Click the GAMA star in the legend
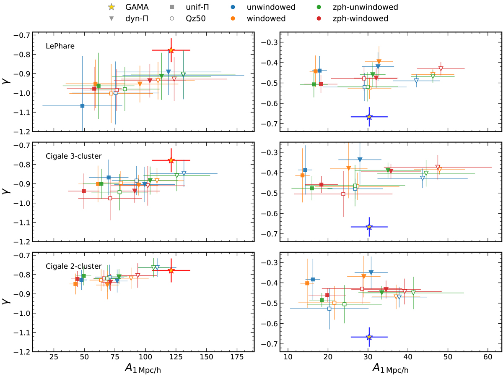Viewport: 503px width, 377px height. pyautogui.click(x=111, y=7)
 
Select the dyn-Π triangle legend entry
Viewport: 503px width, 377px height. pyautogui.click(x=111, y=18)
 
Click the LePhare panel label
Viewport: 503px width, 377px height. pyautogui.click(x=60, y=46)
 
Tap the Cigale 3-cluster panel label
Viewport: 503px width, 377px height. pyautogui.click(x=73, y=156)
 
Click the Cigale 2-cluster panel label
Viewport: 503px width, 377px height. pyautogui.click(x=73, y=266)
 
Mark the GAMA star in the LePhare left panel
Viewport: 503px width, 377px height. pyautogui.click(x=171, y=50)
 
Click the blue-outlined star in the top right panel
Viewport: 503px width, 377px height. pyautogui.click(x=369, y=117)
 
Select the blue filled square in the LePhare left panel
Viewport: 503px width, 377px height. pyautogui.click(x=82, y=106)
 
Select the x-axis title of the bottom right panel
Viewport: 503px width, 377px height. pyautogui.click(x=389, y=369)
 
